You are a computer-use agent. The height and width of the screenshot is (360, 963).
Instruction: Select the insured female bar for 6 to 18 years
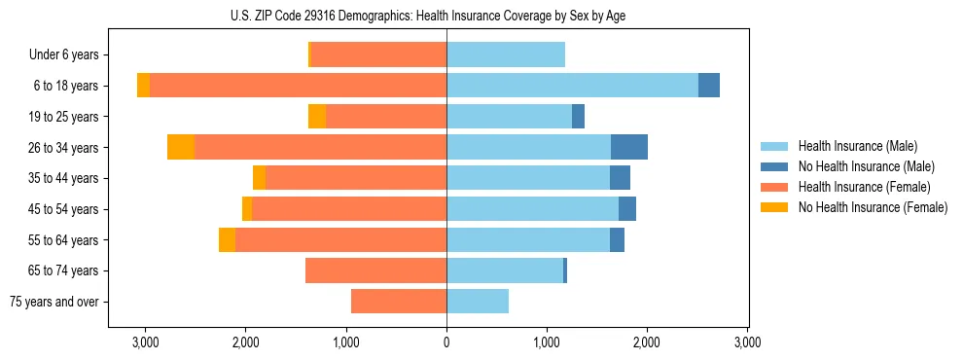298,86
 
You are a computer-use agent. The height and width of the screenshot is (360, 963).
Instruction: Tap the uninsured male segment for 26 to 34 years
629,147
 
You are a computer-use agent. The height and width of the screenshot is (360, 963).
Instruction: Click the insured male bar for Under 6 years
506,54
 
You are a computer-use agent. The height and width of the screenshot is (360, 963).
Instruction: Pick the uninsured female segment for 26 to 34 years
181,147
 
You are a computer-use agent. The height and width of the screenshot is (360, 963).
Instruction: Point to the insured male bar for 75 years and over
478,302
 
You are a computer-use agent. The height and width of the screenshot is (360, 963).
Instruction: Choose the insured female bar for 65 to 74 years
375,270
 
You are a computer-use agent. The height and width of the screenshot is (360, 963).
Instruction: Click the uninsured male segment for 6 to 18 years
709,86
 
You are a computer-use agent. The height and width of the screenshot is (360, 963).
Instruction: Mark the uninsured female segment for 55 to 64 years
227,239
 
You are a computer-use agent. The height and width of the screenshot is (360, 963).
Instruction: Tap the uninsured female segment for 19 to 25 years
317,117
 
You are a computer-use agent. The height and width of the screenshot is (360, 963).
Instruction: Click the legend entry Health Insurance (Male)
857,146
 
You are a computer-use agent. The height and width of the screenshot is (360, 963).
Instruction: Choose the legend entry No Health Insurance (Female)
873,207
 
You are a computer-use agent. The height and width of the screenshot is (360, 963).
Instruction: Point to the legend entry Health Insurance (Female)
864,187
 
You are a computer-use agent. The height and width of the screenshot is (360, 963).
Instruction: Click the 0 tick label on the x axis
446,342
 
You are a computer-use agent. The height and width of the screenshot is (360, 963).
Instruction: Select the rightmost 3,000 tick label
747,342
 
